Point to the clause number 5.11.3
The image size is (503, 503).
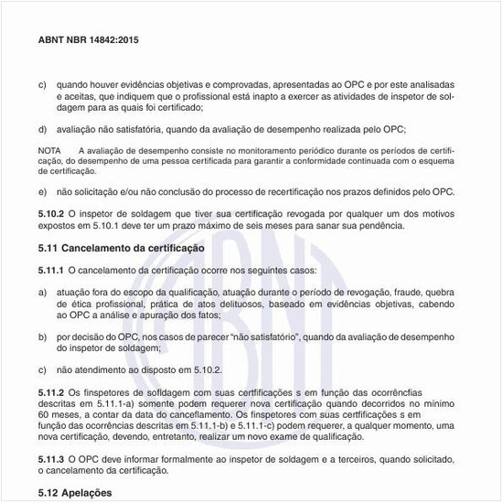click(x=51, y=457)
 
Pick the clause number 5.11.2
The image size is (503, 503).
click(x=51, y=391)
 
